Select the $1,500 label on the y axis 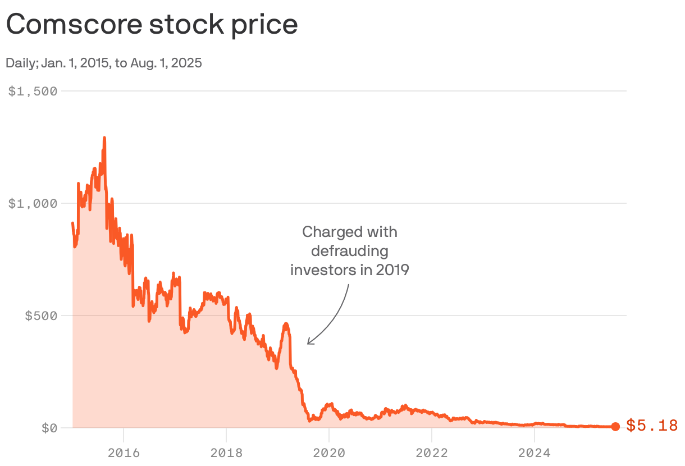[33, 91]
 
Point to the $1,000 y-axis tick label [33, 203]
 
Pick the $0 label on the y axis [49, 428]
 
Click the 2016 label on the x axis [123, 451]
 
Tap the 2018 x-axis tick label [226, 451]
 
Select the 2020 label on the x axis [328, 451]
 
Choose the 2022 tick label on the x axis [431, 451]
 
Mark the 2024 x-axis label [534, 451]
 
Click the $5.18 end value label [652, 426]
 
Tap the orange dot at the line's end [615, 427]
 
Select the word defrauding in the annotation [349, 250]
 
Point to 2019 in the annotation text [392, 270]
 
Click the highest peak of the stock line [104, 138]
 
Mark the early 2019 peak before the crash [286, 324]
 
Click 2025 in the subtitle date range [186, 63]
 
